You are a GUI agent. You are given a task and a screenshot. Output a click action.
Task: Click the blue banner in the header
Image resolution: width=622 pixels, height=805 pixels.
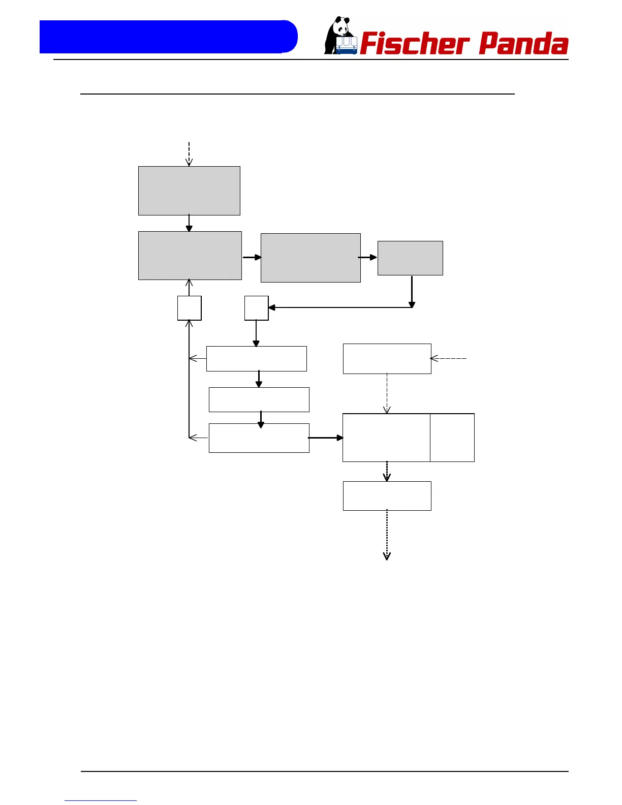[168, 37]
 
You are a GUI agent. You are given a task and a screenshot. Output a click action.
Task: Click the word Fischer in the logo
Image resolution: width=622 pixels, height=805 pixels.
[414, 44]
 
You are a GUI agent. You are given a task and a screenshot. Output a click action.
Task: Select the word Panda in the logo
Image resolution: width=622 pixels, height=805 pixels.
[523, 44]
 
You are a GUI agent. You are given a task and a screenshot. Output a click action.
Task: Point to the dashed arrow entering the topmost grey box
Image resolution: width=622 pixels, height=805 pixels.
[189, 154]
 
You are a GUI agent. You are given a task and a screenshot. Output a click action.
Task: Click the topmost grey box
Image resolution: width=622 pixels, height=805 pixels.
[189, 191]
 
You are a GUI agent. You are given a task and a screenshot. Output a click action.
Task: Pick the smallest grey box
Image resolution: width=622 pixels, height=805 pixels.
[410, 258]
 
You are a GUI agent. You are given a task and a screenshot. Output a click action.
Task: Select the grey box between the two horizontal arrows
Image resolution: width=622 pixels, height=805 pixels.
[310, 258]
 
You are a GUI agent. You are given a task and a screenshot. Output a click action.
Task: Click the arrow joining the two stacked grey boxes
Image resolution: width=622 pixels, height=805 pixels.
[189, 223]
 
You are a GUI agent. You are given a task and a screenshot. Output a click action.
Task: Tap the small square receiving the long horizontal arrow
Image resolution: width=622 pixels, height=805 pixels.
[256, 308]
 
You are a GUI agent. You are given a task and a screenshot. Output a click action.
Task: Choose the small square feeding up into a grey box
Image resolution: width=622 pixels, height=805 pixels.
[190, 308]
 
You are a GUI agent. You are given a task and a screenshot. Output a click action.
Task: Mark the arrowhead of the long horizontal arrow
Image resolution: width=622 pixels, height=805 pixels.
[272, 307]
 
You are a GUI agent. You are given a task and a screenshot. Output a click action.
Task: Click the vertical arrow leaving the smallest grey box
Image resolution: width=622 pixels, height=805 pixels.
[412, 291]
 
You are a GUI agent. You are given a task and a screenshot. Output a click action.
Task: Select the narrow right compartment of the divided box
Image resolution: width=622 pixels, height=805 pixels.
[452, 438]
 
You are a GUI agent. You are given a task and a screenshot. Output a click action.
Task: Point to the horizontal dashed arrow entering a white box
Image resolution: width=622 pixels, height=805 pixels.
[448, 359]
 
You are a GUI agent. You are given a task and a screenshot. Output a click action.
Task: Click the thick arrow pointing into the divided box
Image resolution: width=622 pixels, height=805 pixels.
[326, 438]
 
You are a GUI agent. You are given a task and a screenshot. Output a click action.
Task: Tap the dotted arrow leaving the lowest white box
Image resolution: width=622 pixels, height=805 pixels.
[387, 535]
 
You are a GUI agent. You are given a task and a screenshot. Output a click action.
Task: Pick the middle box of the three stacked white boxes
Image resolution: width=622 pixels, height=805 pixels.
[259, 399]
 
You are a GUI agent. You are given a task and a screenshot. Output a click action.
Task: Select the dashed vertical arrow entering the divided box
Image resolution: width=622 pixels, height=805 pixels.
[387, 393]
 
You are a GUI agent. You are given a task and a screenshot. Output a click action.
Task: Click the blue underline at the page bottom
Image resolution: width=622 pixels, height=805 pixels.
[101, 801]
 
